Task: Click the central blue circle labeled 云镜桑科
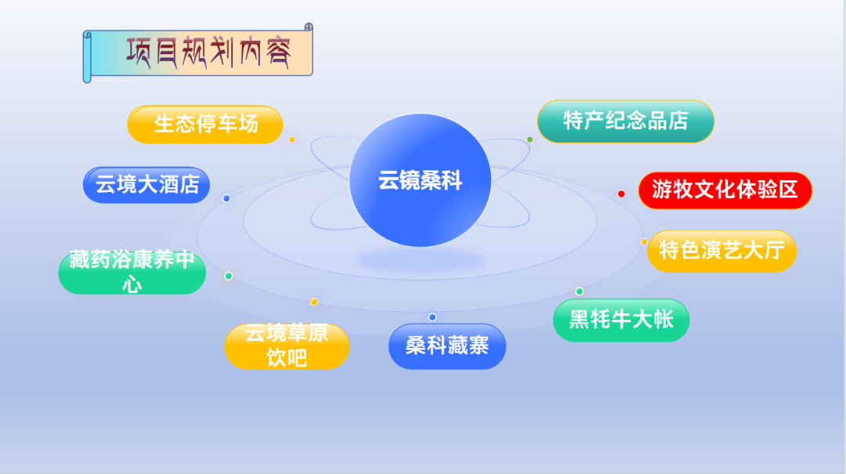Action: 421,180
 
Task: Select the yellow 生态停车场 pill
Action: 205,125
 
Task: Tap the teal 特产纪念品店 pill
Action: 625,121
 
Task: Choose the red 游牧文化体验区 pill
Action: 725,190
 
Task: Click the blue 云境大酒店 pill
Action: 146,185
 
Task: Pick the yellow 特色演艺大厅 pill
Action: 721,251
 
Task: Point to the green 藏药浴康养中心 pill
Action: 132,272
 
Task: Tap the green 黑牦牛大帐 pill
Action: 621,320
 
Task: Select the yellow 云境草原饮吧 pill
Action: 287,346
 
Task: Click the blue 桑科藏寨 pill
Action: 447,346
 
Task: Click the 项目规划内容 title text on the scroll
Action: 209,53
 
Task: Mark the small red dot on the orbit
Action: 621,194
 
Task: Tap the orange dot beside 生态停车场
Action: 292,139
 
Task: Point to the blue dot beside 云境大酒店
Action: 226,199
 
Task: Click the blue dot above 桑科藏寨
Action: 432,317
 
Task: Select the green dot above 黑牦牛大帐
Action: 580,291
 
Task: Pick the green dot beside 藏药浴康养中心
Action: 228,277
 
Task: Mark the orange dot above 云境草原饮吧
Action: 314,302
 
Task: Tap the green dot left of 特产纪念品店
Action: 530,139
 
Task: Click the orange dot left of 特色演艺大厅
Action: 644,242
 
